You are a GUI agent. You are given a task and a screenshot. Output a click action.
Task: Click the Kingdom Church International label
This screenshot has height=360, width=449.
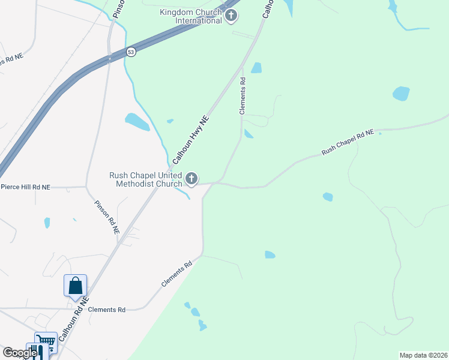point(191,16)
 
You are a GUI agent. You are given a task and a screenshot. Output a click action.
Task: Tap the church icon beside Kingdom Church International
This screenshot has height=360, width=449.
point(232,17)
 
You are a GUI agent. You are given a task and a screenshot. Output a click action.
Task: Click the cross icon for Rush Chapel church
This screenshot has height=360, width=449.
point(191,178)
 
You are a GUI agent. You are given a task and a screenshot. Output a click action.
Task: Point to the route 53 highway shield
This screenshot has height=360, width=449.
point(131,52)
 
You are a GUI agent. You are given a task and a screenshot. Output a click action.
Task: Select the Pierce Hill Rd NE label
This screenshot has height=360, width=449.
point(25,187)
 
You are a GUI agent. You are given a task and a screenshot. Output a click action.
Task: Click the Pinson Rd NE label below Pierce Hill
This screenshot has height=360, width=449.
point(107,217)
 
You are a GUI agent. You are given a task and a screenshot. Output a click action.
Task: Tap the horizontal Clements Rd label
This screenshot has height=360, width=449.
point(107,310)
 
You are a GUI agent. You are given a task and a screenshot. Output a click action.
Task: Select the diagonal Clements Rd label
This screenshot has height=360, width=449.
point(176,274)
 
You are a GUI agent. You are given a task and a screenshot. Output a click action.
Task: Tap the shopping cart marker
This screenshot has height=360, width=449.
point(46,343)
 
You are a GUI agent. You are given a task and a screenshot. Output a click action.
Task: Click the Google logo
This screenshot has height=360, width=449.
point(20,353)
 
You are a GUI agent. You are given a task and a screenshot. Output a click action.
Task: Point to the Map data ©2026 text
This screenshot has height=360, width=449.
point(423,355)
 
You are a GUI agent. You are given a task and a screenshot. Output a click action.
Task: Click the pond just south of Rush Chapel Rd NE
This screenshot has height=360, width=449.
point(328,197)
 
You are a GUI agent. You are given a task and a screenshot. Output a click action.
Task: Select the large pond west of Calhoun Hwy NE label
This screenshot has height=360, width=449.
point(137,122)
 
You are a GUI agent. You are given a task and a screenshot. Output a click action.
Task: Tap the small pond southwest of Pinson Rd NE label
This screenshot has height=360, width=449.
point(47,223)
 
